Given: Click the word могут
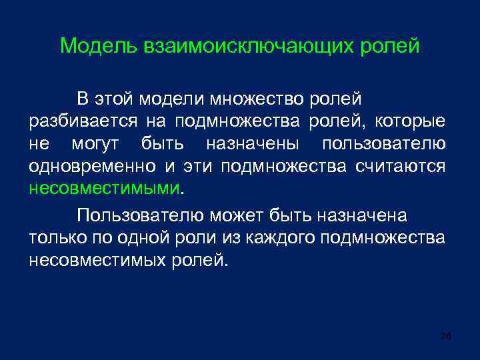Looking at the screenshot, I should (99, 144).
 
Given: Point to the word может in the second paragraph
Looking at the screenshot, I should (239, 216).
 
